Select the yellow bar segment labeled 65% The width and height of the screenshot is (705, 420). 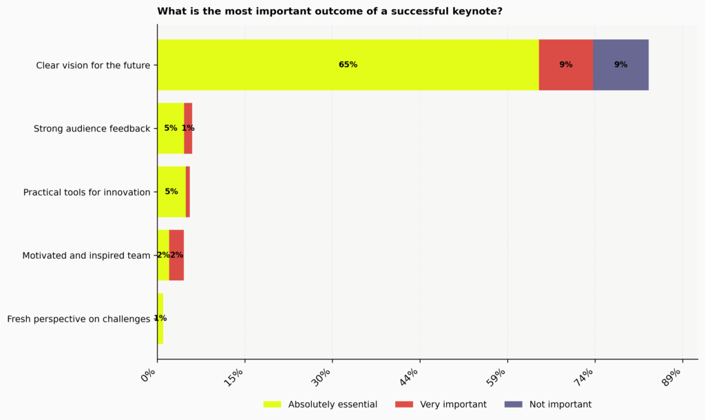coord(348,65)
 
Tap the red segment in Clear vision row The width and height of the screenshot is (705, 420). coord(566,65)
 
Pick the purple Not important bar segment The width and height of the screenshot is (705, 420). coord(620,65)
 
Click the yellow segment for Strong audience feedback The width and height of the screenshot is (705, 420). coord(170,128)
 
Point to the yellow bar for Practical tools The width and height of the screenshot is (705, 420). coord(171,191)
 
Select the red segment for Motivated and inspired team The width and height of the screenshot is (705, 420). coord(176,255)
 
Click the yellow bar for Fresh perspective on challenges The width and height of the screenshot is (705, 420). coord(160,319)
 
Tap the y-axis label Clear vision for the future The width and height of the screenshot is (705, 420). coord(93,65)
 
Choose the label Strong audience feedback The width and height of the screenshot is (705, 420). coord(92,129)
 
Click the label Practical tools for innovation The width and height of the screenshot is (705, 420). coord(87,192)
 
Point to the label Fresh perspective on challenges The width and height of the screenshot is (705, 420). coord(78,319)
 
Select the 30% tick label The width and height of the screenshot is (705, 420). coord(324,377)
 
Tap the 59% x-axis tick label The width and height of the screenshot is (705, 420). coord(499,377)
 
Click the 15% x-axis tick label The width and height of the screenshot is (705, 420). coord(237,377)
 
